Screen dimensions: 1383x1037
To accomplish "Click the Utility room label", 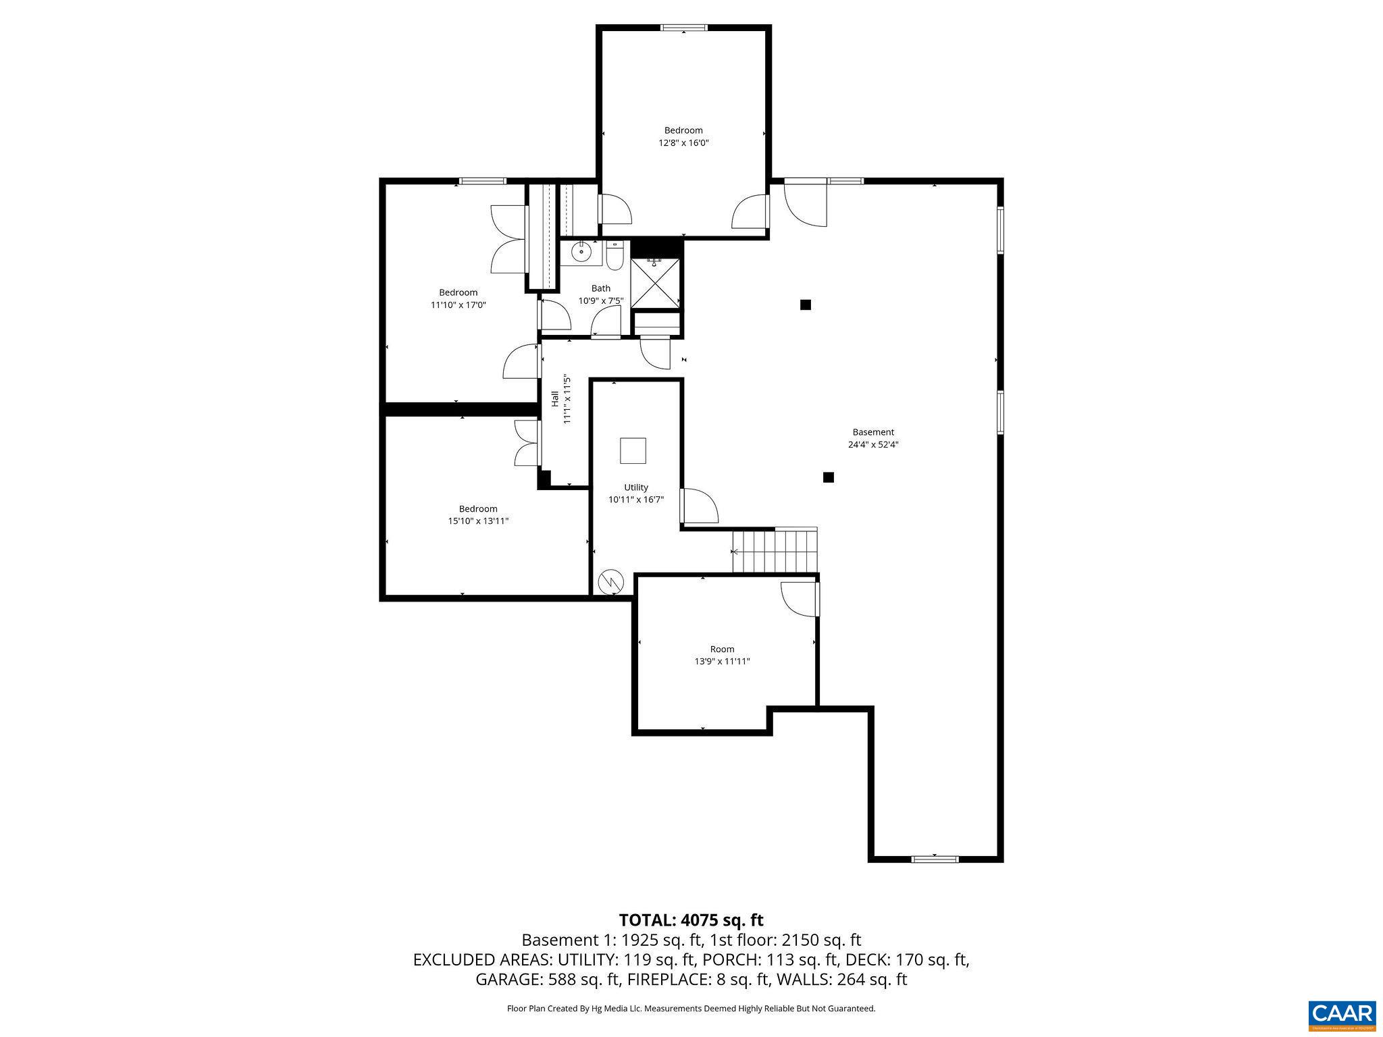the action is pyautogui.click(x=636, y=487).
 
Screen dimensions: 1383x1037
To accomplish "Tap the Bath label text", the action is pyautogui.click(x=601, y=288).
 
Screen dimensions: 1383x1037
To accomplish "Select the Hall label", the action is pyautogui.click(x=555, y=398).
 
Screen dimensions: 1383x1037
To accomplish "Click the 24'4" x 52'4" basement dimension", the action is pyautogui.click(x=873, y=445).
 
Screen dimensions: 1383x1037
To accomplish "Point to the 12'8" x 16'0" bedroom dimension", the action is pyautogui.click(x=683, y=143).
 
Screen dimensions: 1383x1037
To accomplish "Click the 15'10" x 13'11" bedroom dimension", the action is pyautogui.click(x=478, y=521).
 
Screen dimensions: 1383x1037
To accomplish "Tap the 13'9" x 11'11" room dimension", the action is pyautogui.click(x=723, y=662).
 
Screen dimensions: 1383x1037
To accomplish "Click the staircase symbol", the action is pyautogui.click(x=775, y=550).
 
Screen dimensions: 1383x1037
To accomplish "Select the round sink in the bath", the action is pyautogui.click(x=581, y=252).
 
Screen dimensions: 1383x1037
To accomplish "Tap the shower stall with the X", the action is pyautogui.click(x=656, y=284).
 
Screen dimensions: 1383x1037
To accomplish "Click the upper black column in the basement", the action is pyautogui.click(x=805, y=304).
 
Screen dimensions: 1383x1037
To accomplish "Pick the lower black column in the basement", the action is pyautogui.click(x=829, y=477).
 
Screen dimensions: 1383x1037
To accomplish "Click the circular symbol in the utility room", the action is pyautogui.click(x=611, y=582).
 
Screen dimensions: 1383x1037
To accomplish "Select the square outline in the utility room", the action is pyautogui.click(x=633, y=450).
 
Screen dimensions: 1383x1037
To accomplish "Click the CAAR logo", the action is pyautogui.click(x=1342, y=1015).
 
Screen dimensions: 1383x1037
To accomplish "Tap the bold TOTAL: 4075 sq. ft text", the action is pyautogui.click(x=691, y=920).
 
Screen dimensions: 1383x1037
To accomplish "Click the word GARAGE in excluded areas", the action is pyautogui.click(x=500, y=980).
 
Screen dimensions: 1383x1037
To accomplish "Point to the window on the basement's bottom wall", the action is pyautogui.click(x=935, y=859).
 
